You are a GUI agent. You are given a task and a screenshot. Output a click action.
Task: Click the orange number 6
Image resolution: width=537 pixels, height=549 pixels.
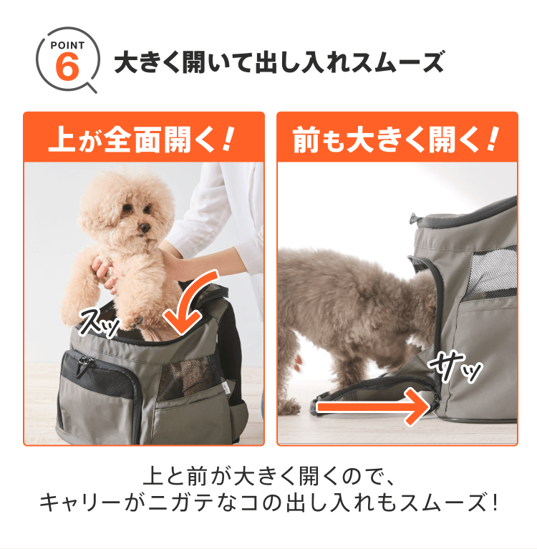67,67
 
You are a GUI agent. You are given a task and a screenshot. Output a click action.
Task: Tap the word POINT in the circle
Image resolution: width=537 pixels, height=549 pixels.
67,45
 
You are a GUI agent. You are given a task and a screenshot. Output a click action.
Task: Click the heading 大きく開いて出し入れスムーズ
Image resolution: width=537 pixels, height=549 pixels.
279,62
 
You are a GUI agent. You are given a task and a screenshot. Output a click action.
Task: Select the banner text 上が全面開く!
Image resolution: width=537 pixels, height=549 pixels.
141,140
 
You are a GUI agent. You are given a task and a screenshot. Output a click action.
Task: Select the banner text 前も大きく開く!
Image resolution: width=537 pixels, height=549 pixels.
395,140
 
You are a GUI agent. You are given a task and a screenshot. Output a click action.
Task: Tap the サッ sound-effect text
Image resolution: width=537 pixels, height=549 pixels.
455,366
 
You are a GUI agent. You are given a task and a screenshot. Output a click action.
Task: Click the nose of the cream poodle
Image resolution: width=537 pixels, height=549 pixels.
144,228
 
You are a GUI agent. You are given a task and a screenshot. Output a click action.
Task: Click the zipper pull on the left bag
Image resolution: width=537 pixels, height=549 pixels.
83,366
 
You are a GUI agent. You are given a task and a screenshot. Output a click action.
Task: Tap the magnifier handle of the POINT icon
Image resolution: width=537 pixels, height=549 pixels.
91,87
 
